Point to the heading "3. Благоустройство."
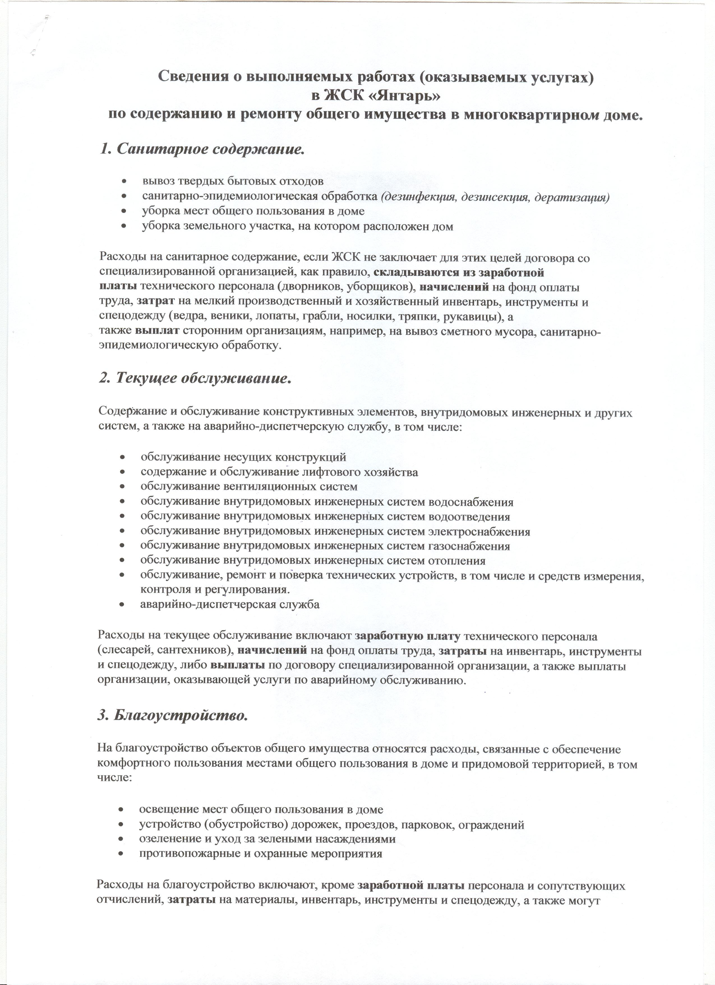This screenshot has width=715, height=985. pos(173,715)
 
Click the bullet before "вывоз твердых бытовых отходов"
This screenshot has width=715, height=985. pos(124,181)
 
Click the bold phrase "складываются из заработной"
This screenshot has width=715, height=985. pos(459,273)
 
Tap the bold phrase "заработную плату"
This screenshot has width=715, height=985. pos(407,637)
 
